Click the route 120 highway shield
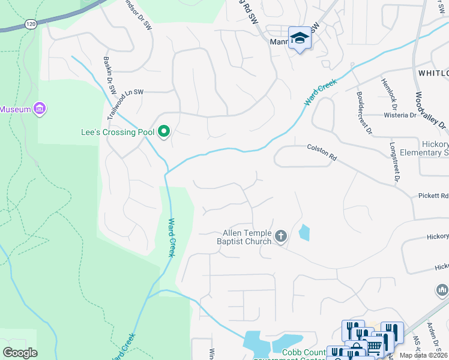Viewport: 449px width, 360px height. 30,23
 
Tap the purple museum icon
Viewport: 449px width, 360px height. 40,109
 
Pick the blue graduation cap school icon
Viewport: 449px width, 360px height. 300,38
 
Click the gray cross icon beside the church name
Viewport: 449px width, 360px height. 280,237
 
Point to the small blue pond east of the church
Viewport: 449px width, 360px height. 304,232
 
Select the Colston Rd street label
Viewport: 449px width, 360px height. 322,152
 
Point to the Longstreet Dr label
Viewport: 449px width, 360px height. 394,161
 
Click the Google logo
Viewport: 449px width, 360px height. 20,353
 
